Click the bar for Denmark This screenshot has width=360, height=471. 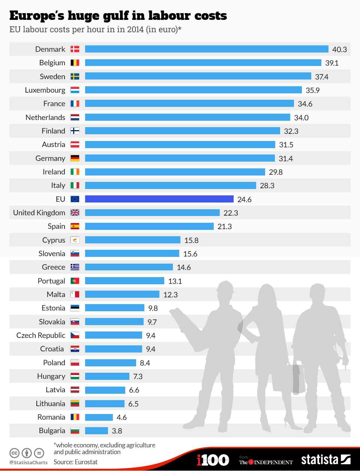click(x=207, y=49)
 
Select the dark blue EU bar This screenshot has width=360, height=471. click(x=159, y=199)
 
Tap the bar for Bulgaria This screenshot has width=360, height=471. click(x=96, y=431)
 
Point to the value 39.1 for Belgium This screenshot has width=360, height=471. click(x=332, y=63)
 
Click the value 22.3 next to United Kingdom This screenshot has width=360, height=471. click(x=231, y=213)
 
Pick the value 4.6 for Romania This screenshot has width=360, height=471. click(x=121, y=417)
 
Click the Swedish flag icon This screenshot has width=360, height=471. click(x=75, y=76)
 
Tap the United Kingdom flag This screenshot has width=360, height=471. click(x=75, y=213)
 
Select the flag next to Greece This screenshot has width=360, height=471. click(x=75, y=267)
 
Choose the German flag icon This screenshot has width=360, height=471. click(x=75, y=158)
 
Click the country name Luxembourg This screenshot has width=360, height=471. click(x=45, y=90)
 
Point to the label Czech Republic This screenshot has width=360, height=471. click(x=40, y=335)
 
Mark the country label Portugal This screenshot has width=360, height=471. click(x=51, y=281)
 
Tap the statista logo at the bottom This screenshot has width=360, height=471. click(x=325, y=460)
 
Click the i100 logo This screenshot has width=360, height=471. click(x=213, y=460)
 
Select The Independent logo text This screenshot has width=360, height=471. click(x=266, y=462)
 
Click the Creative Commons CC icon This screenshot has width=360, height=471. click(x=14, y=453)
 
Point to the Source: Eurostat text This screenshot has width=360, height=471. click(x=75, y=462)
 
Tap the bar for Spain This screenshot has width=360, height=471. click(x=149, y=226)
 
